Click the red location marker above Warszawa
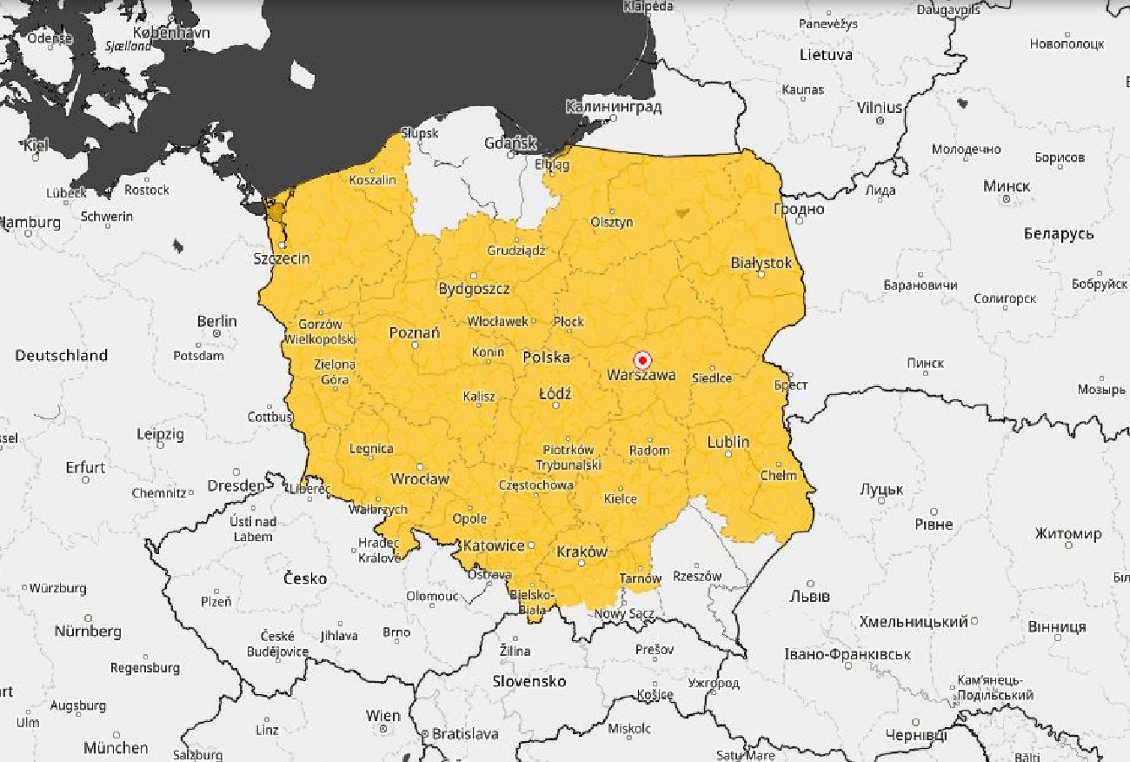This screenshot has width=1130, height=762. (x=642, y=360)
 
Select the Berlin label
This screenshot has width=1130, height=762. (x=216, y=321)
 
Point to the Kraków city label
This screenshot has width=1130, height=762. (x=582, y=551)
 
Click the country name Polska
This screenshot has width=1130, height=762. (x=546, y=357)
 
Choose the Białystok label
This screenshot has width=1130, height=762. (x=761, y=262)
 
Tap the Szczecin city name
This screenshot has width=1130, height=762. (x=281, y=258)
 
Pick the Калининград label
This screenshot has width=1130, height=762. (x=613, y=107)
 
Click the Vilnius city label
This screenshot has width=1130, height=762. (x=880, y=107)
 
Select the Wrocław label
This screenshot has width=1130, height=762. (x=419, y=478)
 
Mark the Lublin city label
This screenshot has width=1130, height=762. (x=728, y=441)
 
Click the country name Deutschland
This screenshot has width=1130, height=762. (x=61, y=355)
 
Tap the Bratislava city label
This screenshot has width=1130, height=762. (x=464, y=733)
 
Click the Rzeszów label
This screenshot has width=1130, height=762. (x=697, y=576)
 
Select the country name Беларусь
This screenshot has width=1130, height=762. (x=1058, y=233)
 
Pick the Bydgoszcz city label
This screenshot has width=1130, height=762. (x=474, y=289)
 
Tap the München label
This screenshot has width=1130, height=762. (x=116, y=747)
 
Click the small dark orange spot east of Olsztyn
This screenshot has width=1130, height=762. (x=681, y=211)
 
